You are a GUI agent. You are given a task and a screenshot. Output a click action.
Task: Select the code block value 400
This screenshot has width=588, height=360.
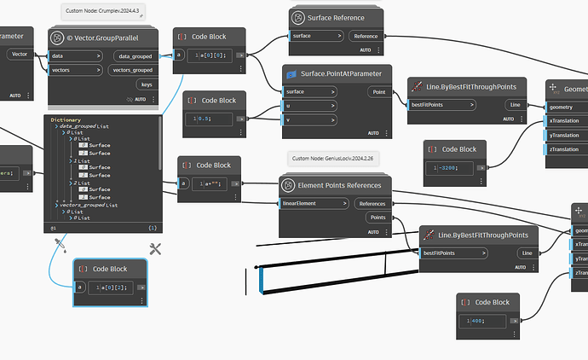477,320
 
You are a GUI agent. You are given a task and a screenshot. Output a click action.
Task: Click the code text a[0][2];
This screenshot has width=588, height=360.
112,287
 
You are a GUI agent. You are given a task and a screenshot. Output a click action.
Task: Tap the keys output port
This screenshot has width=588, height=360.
147,84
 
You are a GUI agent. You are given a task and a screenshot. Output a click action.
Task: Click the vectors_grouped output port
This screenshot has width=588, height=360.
132,70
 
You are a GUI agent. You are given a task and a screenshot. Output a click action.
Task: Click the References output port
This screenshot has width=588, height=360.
372,203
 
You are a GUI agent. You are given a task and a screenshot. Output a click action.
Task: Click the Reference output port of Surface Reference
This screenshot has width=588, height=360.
366,36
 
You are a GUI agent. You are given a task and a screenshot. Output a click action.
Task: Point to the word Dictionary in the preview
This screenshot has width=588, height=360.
66,119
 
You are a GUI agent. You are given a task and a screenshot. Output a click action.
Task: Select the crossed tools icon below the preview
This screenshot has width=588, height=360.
155,249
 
